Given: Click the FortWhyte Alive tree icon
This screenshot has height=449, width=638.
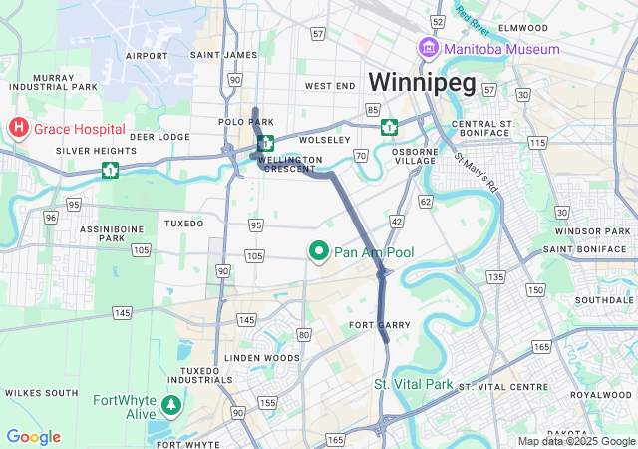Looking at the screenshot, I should pos(172,405).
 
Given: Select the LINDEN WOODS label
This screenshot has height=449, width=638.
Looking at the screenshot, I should pos(261,357).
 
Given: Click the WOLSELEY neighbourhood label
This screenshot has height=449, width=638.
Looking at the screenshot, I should pos(321,140).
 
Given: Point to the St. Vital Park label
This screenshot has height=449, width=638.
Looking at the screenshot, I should pos(413,384).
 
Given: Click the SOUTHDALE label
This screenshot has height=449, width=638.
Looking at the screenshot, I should pos(598,299).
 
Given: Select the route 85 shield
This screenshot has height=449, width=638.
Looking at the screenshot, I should pos(373,109).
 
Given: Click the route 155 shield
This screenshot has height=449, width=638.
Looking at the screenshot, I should pos(267,402).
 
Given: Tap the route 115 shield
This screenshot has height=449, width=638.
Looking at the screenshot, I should pos(538,144).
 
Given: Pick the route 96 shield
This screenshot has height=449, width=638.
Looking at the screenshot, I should pos(51,217).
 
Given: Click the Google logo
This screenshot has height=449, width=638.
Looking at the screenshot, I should pos(33,437).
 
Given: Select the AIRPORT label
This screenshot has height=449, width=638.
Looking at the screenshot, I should pos(148,55).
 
